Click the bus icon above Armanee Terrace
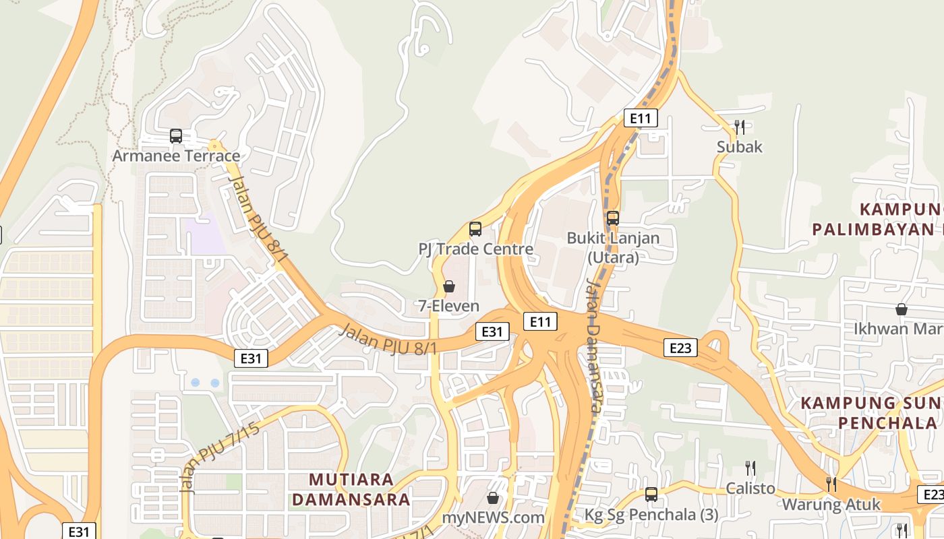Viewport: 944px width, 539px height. (x=176, y=136)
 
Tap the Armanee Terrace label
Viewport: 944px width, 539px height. (x=176, y=156)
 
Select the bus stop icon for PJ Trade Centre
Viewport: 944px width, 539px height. (x=475, y=229)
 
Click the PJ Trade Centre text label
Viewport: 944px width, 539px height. (x=476, y=249)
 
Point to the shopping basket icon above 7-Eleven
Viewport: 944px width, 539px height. (x=449, y=286)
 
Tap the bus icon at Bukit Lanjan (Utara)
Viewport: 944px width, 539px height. (x=613, y=218)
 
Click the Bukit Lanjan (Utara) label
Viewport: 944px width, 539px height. (x=613, y=247)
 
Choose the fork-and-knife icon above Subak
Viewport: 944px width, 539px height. (x=740, y=127)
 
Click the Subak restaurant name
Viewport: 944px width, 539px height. (x=740, y=147)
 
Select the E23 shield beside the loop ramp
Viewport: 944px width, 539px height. (x=680, y=348)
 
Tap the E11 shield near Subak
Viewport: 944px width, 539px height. (x=640, y=119)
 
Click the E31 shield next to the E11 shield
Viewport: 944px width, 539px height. (x=492, y=331)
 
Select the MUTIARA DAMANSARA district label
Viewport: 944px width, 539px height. (x=360, y=489)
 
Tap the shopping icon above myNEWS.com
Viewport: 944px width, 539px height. (x=493, y=498)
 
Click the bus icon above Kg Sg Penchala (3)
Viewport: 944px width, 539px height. (x=651, y=495)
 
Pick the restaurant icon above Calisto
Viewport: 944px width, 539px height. (x=750, y=468)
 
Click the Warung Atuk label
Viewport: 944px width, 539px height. (x=831, y=504)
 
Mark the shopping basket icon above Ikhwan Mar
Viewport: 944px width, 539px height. (x=902, y=309)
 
